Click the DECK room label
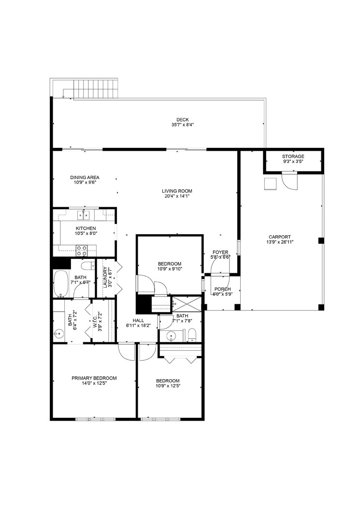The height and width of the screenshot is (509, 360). point(182,120)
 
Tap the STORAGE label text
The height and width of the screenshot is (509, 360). point(293,156)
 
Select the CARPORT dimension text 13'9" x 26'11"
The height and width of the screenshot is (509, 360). point(280,243)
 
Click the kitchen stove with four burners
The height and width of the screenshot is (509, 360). point(82,250)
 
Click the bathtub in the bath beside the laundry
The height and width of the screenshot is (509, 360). point(61,283)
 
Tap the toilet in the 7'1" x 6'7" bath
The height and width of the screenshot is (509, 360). point(87,266)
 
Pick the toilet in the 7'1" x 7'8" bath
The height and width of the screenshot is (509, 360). point(192,334)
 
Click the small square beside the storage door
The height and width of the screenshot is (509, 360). point(270,184)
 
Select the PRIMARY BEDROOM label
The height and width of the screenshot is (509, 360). point(94,378)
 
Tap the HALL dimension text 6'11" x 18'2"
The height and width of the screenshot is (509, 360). point(139,325)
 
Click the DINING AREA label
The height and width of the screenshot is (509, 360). point(85,178)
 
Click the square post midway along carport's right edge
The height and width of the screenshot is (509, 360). point(321,240)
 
